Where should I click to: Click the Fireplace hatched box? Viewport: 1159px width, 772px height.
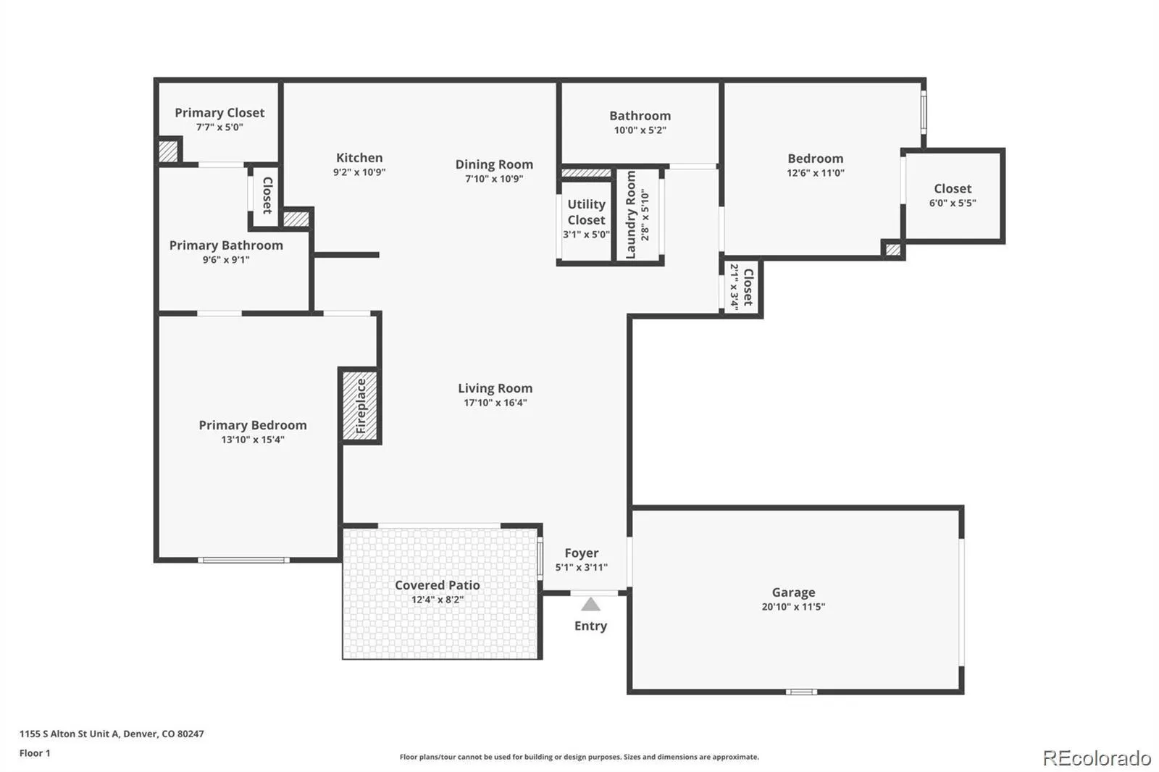(359, 406)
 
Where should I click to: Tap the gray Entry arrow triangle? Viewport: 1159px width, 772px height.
(590, 605)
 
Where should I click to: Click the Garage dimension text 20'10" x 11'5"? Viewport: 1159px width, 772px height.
(793, 606)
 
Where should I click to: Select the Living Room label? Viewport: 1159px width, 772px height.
(495, 388)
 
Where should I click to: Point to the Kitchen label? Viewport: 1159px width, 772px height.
(359, 158)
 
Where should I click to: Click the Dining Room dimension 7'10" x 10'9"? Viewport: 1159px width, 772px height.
(494, 179)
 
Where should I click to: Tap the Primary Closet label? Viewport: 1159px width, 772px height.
(219, 113)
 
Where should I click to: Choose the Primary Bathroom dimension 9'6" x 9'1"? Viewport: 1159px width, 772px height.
(226, 260)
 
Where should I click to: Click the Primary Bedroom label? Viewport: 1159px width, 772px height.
(253, 425)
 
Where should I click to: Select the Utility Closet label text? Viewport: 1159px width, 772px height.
(586, 212)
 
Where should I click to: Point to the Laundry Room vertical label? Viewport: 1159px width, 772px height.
(630, 215)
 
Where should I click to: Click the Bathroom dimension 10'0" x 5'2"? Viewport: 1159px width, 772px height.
(640, 130)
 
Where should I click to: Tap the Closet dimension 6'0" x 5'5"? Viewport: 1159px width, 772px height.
(953, 204)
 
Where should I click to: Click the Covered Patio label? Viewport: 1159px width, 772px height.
(438, 585)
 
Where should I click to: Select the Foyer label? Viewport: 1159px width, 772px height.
(582, 553)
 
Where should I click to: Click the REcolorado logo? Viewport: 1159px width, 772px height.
(1097, 758)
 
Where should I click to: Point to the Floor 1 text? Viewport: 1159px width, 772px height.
(35, 753)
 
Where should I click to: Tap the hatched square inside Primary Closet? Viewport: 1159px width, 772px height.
(168, 151)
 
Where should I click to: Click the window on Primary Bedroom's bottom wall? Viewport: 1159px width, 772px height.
(243, 561)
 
